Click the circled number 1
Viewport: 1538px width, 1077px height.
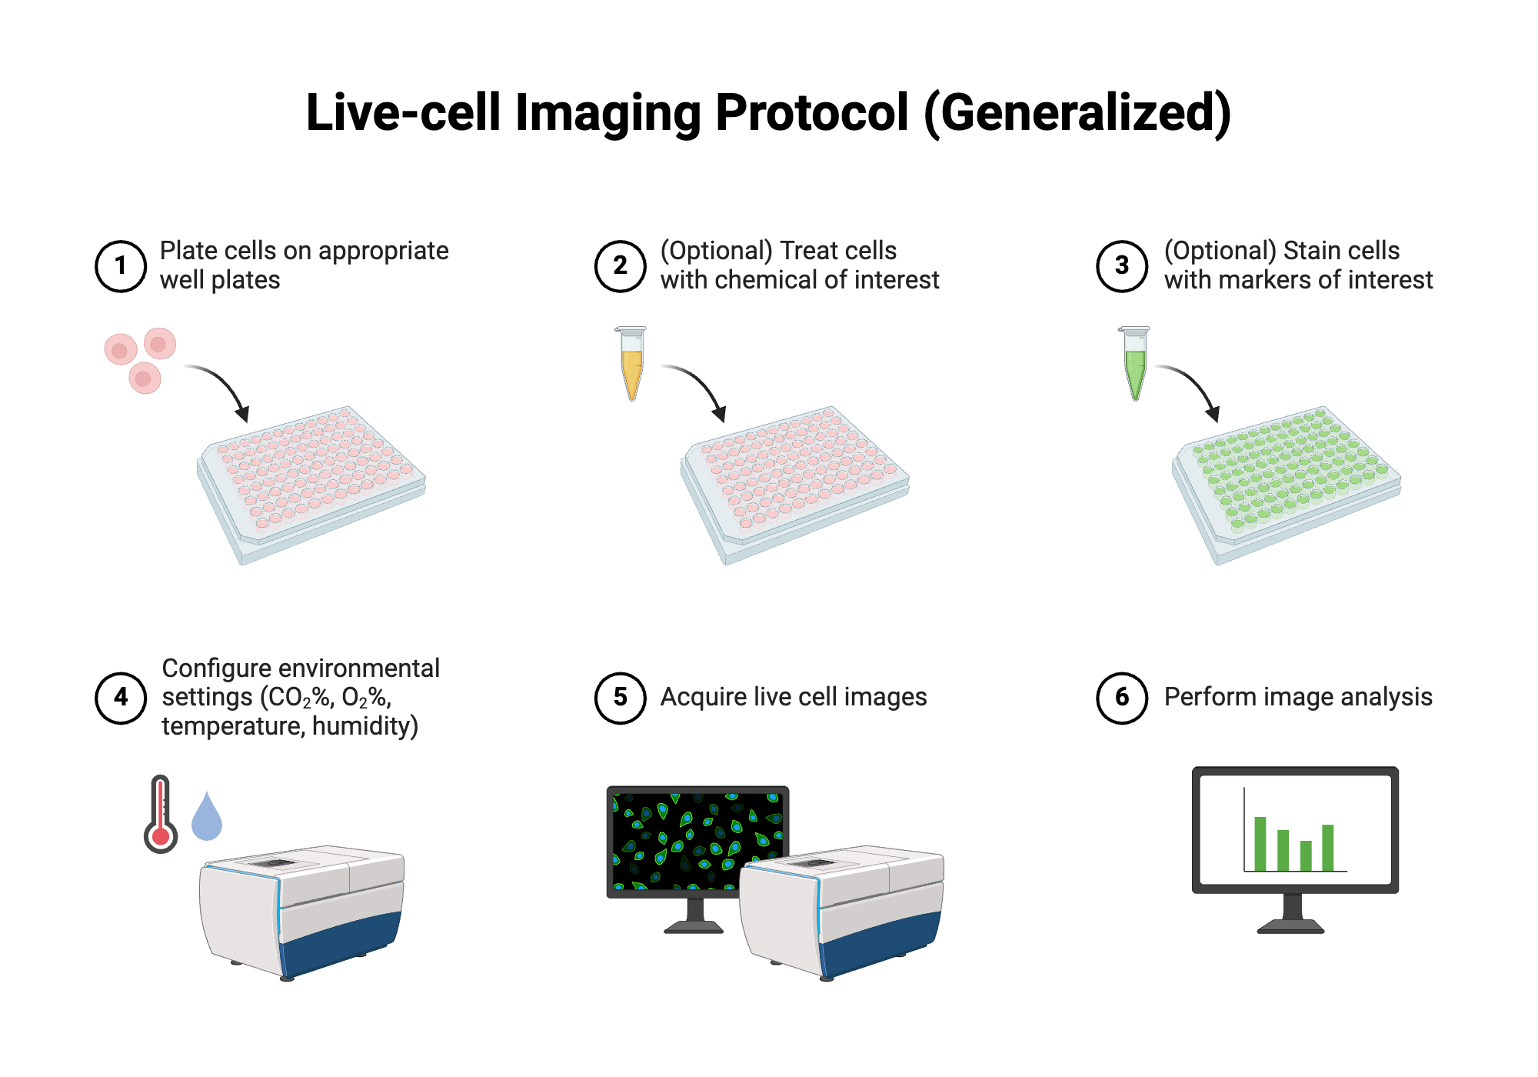click(121, 266)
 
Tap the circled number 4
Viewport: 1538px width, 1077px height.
click(121, 698)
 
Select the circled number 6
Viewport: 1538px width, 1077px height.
click(1121, 698)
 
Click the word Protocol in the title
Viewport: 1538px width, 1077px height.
click(811, 113)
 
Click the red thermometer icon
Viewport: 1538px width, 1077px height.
click(161, 815)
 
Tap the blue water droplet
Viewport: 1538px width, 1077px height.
click(206, 819)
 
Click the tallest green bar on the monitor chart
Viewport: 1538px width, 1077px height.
click(1260, 843)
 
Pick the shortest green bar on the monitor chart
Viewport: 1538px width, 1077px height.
click(1306, 855)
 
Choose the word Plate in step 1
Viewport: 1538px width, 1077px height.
click(187, 251)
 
